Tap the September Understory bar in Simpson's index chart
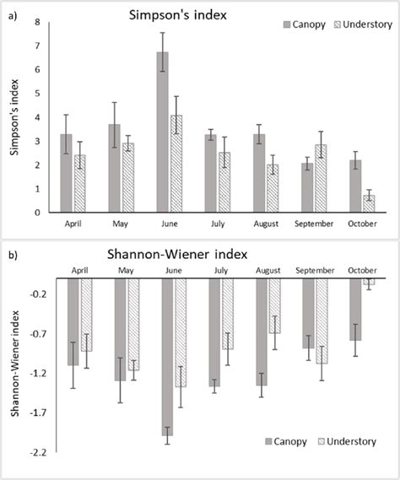pos(321,178)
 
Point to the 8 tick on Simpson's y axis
pos(37,23)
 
